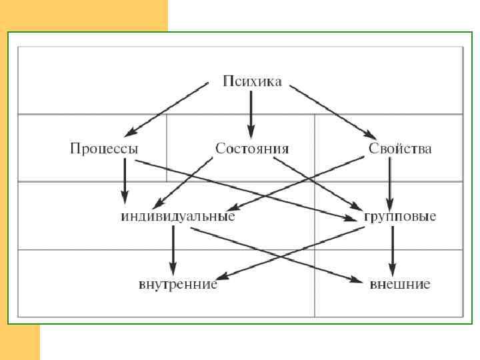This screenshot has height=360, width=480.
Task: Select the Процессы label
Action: click(104, 148)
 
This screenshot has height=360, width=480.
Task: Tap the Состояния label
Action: click(252, 148)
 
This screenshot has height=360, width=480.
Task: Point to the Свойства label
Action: click(400, 148)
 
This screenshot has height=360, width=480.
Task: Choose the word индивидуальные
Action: click(178, 217)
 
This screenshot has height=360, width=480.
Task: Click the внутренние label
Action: click(178, 285)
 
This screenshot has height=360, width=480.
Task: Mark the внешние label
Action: click(400, 285)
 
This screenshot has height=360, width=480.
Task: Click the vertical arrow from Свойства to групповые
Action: click(391, 181)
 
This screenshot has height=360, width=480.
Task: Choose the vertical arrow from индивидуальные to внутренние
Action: click(173, 248)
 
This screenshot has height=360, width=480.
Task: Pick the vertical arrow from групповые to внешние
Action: click(393, 248)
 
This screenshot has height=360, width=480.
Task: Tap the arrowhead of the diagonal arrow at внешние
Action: click(355, 278)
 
